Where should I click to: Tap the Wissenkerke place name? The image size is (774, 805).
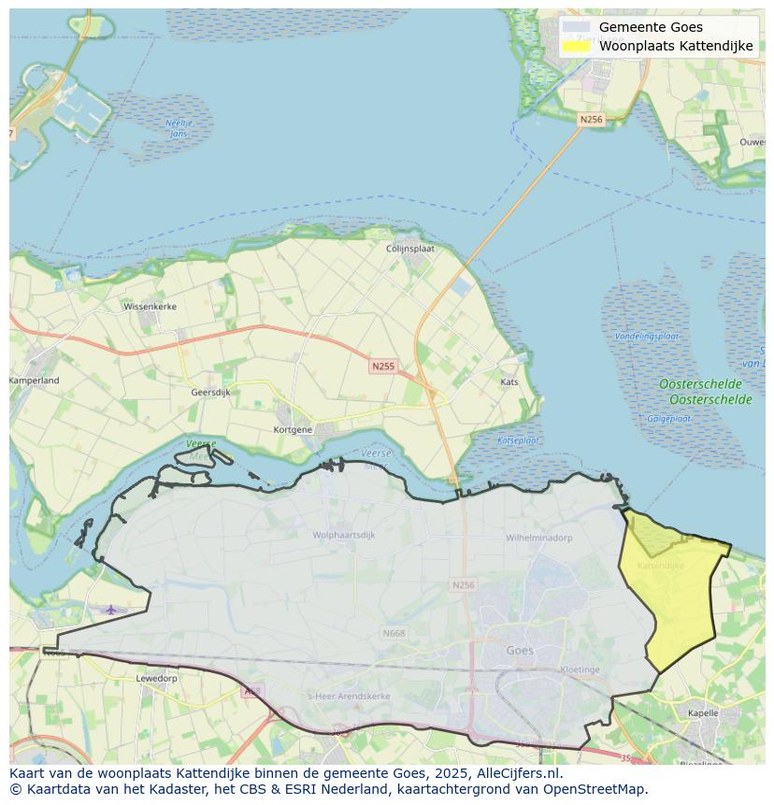(149, 306)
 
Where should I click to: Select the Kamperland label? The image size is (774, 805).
(35, 381)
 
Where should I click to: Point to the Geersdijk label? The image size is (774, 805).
(210, 393)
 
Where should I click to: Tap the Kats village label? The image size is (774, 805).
(509, 381)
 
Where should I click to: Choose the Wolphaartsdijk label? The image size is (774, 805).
(344, 535)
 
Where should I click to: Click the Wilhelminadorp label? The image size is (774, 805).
(539, 539)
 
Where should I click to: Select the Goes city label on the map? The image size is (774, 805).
(520, 651)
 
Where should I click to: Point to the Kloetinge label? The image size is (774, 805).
(580, 669)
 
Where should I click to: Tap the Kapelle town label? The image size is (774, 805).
(702, 712)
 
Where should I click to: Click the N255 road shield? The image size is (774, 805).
(382, 367)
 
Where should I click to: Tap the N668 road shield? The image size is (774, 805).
(394, 633)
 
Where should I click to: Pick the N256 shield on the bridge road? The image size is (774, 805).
(591, 120)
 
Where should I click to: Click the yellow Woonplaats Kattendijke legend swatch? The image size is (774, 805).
(577, 46)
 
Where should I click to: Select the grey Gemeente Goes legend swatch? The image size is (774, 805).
(577, 27)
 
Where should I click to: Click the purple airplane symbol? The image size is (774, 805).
(111, 610)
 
